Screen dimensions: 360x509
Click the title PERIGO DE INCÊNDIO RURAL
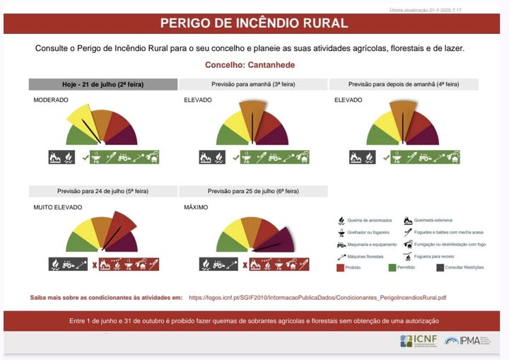(254, 23)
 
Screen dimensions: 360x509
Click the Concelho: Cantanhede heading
(250, 65)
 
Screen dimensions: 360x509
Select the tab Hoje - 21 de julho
(103, 84)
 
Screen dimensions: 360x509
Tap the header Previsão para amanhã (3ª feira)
(253, 84)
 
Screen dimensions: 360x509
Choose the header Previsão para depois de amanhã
(404, 84)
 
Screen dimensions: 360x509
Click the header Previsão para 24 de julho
(103, 191)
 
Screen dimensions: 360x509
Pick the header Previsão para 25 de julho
(253, 191)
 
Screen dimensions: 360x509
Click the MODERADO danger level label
(51, 100)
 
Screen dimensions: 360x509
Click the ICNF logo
(416, 341)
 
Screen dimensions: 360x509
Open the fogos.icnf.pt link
(317, 298)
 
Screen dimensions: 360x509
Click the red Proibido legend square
(342, 268)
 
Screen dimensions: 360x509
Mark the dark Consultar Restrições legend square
(440, 268)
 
